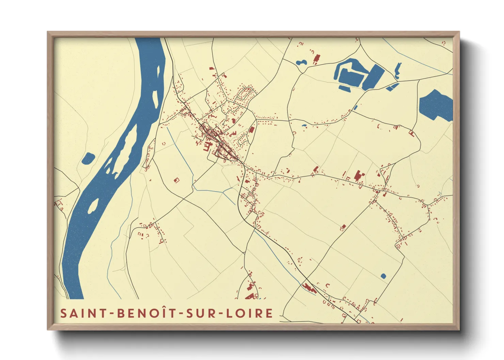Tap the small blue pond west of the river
tap(88, 158)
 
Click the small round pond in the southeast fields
tap(383, 276)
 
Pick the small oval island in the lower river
tap(93, 206)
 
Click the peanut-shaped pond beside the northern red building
tap(301, 63)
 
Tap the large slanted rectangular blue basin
tap(374, 77)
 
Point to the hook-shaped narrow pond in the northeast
tap(397, 70)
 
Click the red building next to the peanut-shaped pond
tap(316, 59)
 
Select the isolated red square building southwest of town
tap(176, 180)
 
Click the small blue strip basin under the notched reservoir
tap(345, 89)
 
